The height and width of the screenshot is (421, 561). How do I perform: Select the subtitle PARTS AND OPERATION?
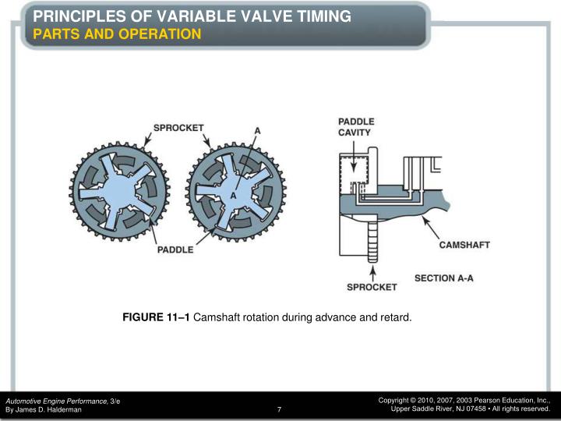[x=117, y=34]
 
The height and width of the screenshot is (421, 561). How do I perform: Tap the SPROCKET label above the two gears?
[x=178, y=127]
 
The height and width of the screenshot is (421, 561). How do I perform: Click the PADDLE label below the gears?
[x=175, y=249]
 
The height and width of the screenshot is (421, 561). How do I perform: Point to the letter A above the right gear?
[x=257, y=130]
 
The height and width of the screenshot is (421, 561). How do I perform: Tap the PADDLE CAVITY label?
[x=356, y=127]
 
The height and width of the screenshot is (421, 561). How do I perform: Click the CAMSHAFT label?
[x=464, y=245]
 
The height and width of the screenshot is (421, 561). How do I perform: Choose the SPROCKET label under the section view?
[x=372, y=287]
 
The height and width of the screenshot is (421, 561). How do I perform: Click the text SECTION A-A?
[x=444, y=278]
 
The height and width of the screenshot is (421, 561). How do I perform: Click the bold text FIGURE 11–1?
[x=156, y=317]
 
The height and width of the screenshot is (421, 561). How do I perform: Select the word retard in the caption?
[x=393, y=317]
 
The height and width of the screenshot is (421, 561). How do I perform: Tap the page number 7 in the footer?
[x=278, y=409]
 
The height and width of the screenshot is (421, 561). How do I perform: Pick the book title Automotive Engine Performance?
[x=57, y=400]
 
